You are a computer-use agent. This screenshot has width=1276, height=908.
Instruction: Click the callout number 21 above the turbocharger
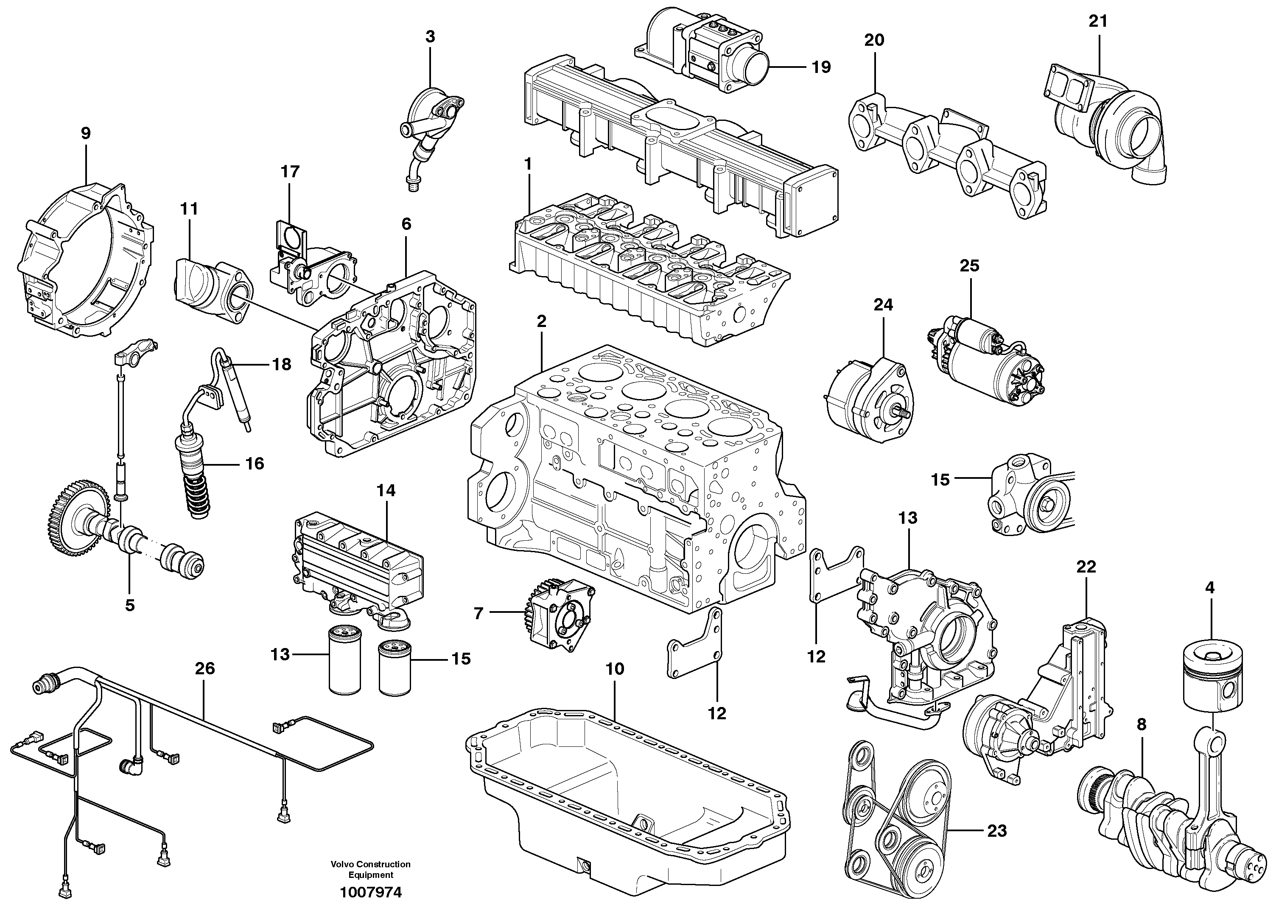pos(1098,22)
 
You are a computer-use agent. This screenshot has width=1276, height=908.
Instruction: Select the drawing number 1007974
pos(370,892)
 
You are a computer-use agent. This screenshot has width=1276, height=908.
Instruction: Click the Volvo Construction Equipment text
pos(370,869)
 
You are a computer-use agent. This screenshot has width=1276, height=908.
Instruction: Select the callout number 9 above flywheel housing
pos(86,134)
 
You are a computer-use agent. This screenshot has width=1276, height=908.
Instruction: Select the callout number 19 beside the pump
pos(821,67)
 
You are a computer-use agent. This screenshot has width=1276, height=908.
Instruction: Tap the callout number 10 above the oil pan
pos(615,669)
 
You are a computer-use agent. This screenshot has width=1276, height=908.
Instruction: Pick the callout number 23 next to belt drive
pos(996,831)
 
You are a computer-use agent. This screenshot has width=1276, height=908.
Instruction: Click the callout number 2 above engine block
pos(541,321)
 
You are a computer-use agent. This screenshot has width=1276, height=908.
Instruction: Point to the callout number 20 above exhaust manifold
pos(874,40)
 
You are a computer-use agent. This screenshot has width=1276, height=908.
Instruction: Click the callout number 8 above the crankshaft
pos(1141,725)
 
